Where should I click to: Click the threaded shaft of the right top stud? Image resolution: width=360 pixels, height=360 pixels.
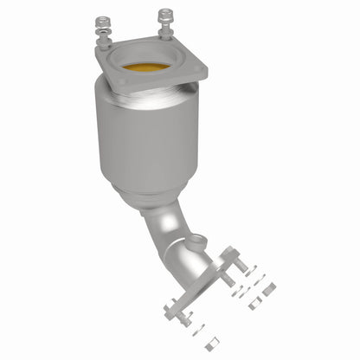164,28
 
